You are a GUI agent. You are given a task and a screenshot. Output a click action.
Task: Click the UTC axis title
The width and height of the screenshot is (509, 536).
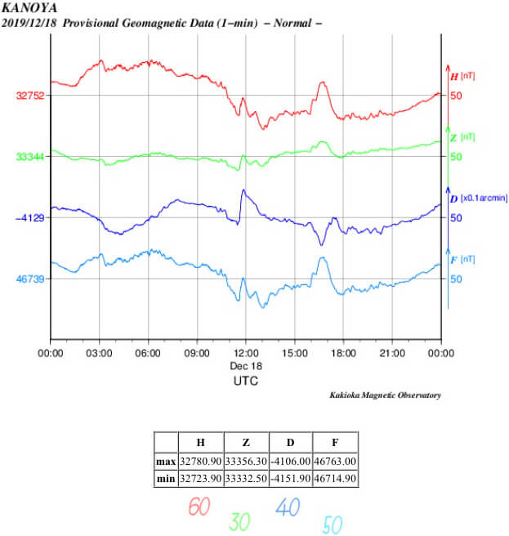246,381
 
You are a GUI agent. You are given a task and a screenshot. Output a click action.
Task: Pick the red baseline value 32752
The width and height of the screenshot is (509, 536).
30,96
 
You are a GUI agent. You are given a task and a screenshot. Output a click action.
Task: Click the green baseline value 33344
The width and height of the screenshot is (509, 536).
30,157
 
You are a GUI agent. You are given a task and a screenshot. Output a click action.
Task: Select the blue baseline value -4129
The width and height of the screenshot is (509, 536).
29,218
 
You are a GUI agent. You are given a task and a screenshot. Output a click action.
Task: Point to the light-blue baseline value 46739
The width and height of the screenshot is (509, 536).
30,279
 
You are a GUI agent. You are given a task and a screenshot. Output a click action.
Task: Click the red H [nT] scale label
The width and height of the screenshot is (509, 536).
463,77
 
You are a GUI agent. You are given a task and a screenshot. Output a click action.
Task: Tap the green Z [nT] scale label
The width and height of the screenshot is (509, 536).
463,138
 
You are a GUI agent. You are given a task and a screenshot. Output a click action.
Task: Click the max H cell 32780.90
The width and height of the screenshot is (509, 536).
201,462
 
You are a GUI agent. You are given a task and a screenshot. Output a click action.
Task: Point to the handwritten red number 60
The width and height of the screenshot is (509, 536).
199,507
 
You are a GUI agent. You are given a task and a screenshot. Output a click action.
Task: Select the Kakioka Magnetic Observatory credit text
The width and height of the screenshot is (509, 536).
385,395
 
